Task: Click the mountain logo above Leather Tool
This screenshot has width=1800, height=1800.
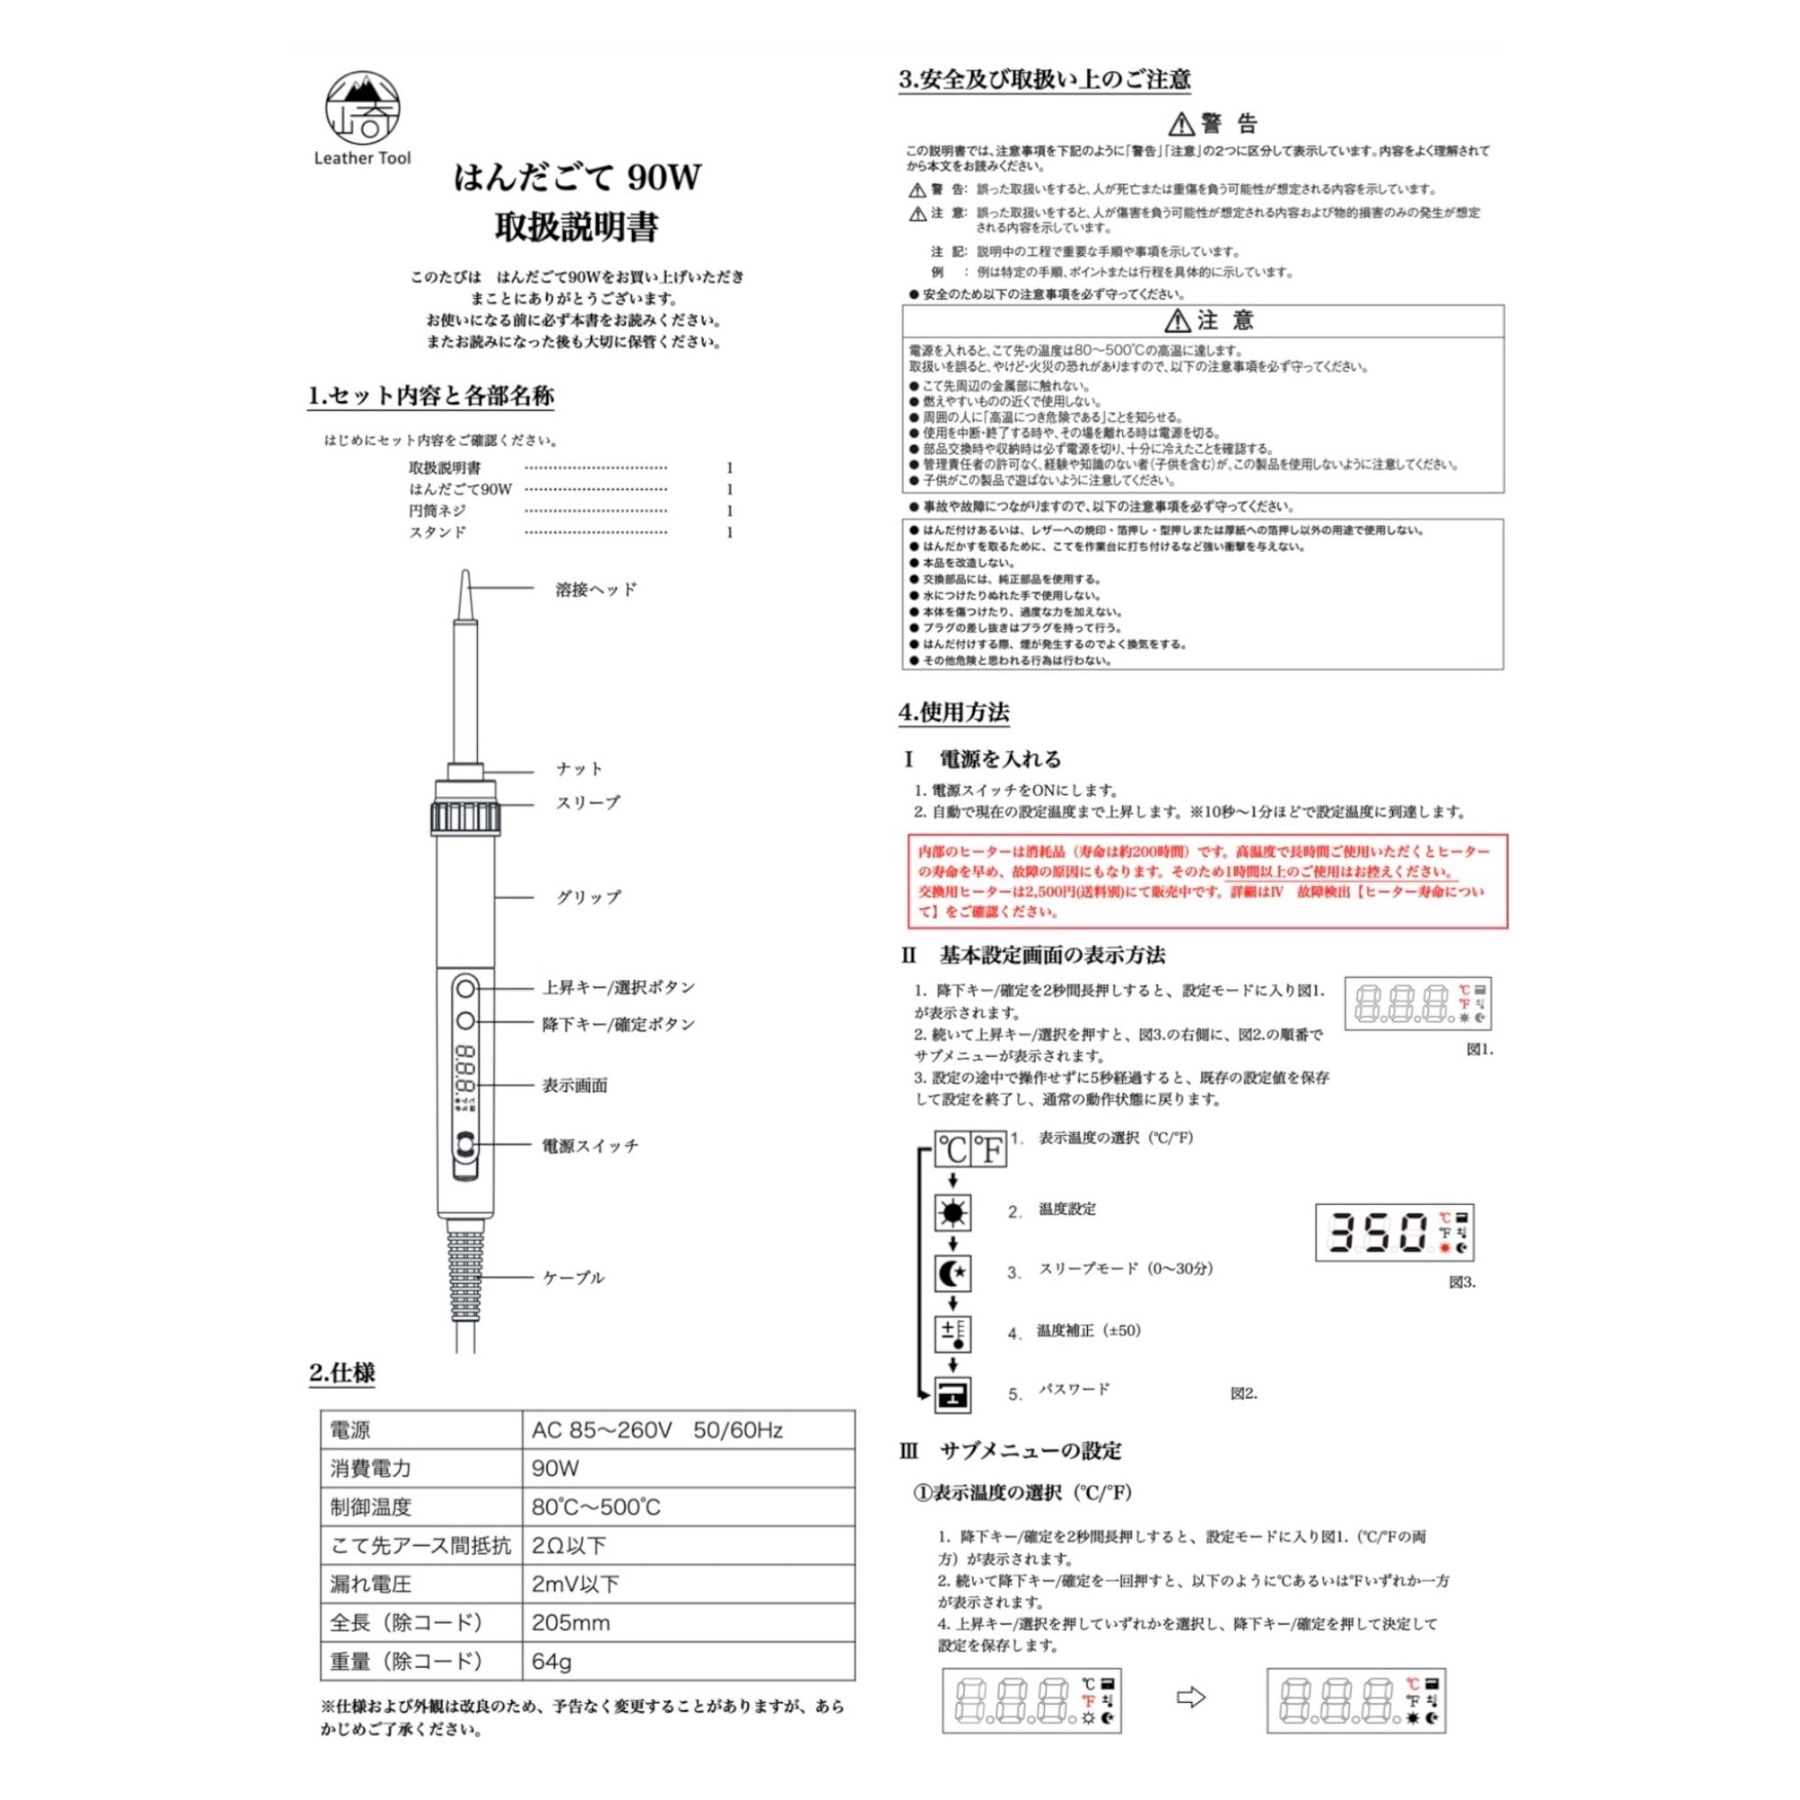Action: (x=363, y=108)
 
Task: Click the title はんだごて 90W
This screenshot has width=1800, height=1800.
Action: (x=577, y=177)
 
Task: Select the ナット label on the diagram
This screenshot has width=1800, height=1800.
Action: (x=580, y=769)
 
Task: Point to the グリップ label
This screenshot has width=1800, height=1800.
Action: (x=588, y=897)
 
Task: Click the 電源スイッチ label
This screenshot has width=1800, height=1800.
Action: (x=590, y=1146)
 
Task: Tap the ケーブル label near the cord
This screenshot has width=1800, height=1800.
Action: (x=574, y=1277)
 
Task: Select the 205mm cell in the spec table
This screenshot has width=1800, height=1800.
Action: (x=571, y=1623)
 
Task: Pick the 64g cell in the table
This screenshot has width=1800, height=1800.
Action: (x=552, y=1661)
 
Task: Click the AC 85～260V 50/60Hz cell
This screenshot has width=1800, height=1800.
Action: (x=657, y=1430)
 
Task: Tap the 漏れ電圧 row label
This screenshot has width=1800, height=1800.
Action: (x=370, y=1584)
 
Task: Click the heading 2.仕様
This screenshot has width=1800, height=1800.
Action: (x=342, y=1373)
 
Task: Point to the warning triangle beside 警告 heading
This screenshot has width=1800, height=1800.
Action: (x=1182, y=124)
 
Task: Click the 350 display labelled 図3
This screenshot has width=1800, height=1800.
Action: (x=1394, y=1233)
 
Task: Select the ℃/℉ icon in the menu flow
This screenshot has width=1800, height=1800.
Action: (x=971, y=1149)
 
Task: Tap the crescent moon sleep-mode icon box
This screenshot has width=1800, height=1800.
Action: (x=952, y=1272)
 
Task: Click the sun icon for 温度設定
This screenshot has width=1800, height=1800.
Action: (x=952, y=1212)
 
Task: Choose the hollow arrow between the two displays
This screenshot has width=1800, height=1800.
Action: (x=1192, y=1697)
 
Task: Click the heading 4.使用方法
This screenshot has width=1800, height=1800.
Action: (x=953, y=713)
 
